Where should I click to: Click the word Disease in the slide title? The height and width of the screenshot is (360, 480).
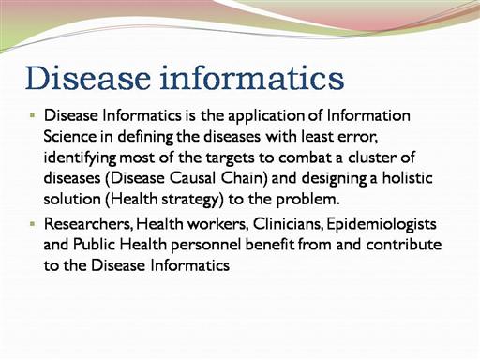[88, 78]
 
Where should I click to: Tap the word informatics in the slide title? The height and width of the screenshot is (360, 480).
[252, 78]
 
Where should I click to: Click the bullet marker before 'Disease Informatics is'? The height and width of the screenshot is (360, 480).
[33, 115]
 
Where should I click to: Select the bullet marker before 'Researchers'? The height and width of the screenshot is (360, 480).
[33, 223]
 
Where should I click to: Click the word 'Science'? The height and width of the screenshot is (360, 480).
[70, 136]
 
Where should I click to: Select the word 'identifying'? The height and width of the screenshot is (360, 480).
[81, 158]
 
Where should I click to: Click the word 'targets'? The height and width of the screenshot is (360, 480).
[231, 158]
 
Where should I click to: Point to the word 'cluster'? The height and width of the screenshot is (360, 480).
[373, 157]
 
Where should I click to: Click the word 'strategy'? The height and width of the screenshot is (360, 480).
[192, 200]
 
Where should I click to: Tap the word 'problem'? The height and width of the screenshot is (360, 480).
[307, 200]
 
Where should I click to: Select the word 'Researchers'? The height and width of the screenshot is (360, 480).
[88, 224]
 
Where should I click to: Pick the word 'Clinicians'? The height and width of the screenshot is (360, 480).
[288, 224]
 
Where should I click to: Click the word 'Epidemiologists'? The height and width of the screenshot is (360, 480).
[382, 225]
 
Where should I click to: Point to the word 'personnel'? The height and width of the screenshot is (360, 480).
[206, 246]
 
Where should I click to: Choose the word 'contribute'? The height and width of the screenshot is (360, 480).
[404, 244]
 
